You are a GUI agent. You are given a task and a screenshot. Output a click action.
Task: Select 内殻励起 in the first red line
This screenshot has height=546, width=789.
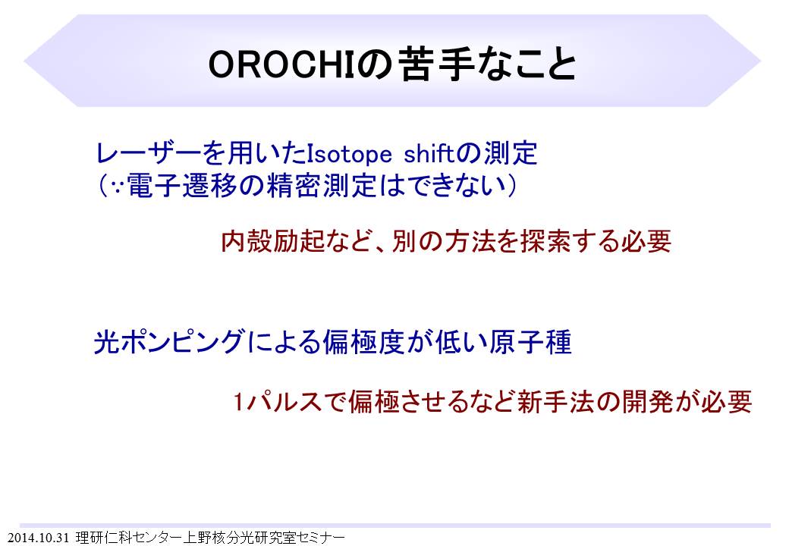pos(272,241)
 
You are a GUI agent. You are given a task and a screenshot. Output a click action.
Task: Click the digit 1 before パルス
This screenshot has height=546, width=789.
pos(238,402)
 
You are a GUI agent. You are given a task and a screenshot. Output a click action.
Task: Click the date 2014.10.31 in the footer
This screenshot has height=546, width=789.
pos(38,538)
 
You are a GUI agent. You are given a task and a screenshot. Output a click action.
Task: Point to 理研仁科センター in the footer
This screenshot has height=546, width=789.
pos(129,538)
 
